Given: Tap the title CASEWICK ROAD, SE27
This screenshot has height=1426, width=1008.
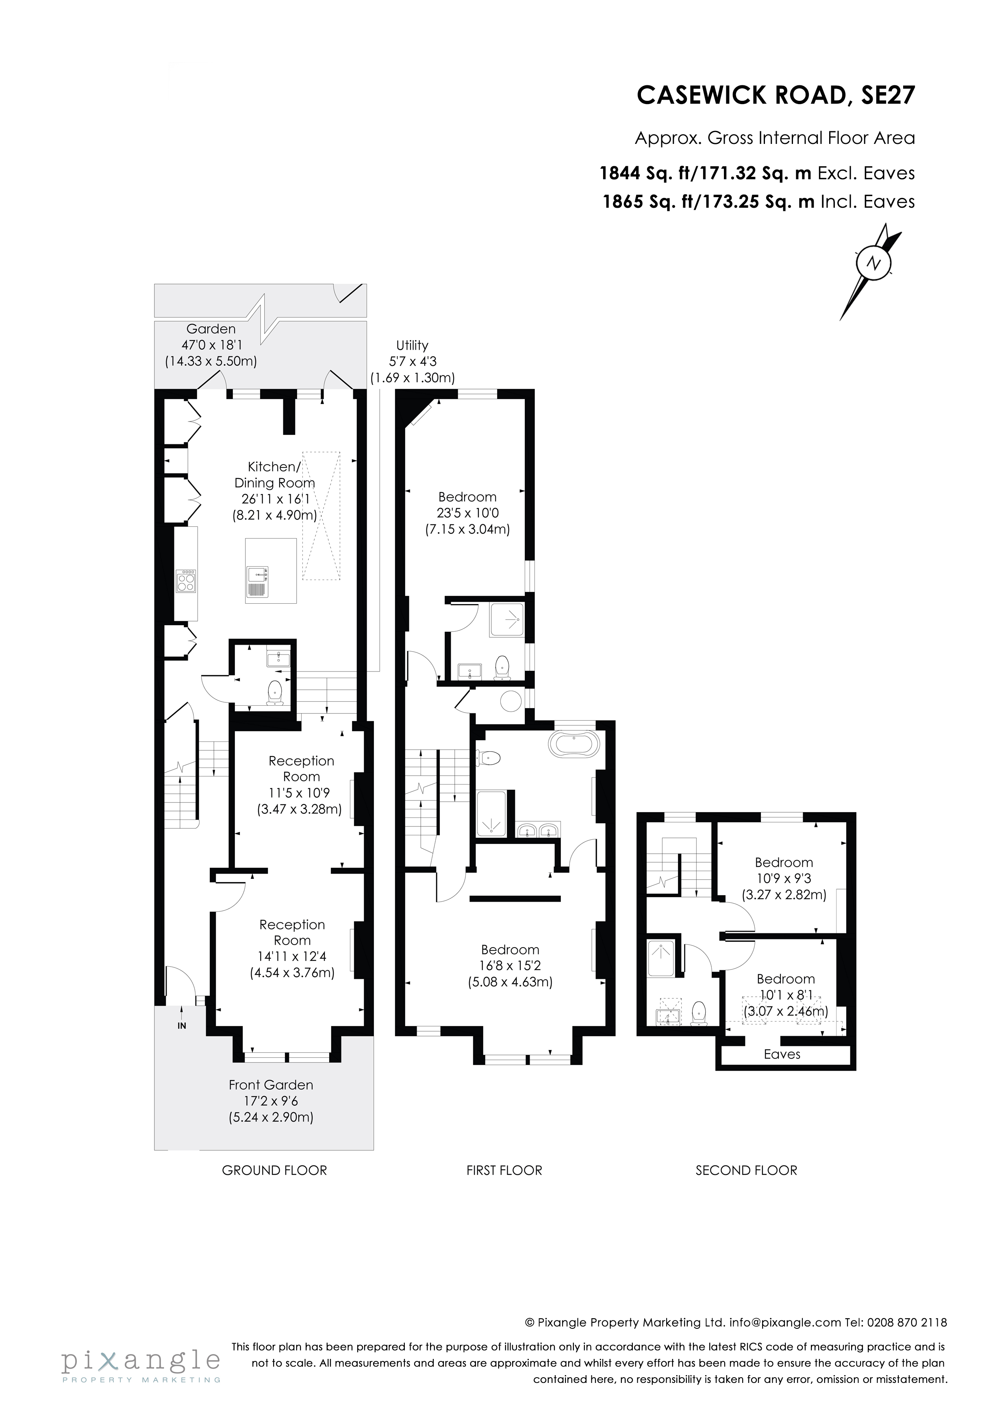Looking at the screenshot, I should (776, 95).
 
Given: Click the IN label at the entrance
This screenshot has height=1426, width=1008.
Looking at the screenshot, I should (182, 1026).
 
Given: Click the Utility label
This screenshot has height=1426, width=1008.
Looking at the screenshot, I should (412, 345).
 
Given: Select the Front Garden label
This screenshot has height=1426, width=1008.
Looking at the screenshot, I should (271, 1085).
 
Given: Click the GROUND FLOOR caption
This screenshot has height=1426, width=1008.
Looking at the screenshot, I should (274, 1170).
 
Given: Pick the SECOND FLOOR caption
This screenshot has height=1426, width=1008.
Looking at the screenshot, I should (746, 1170).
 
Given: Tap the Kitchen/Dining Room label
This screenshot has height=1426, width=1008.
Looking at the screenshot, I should (274, 474).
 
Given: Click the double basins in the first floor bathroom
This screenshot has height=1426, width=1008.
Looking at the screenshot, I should (538, 830).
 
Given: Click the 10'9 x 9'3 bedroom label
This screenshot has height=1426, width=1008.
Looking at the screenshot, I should (783, 878).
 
